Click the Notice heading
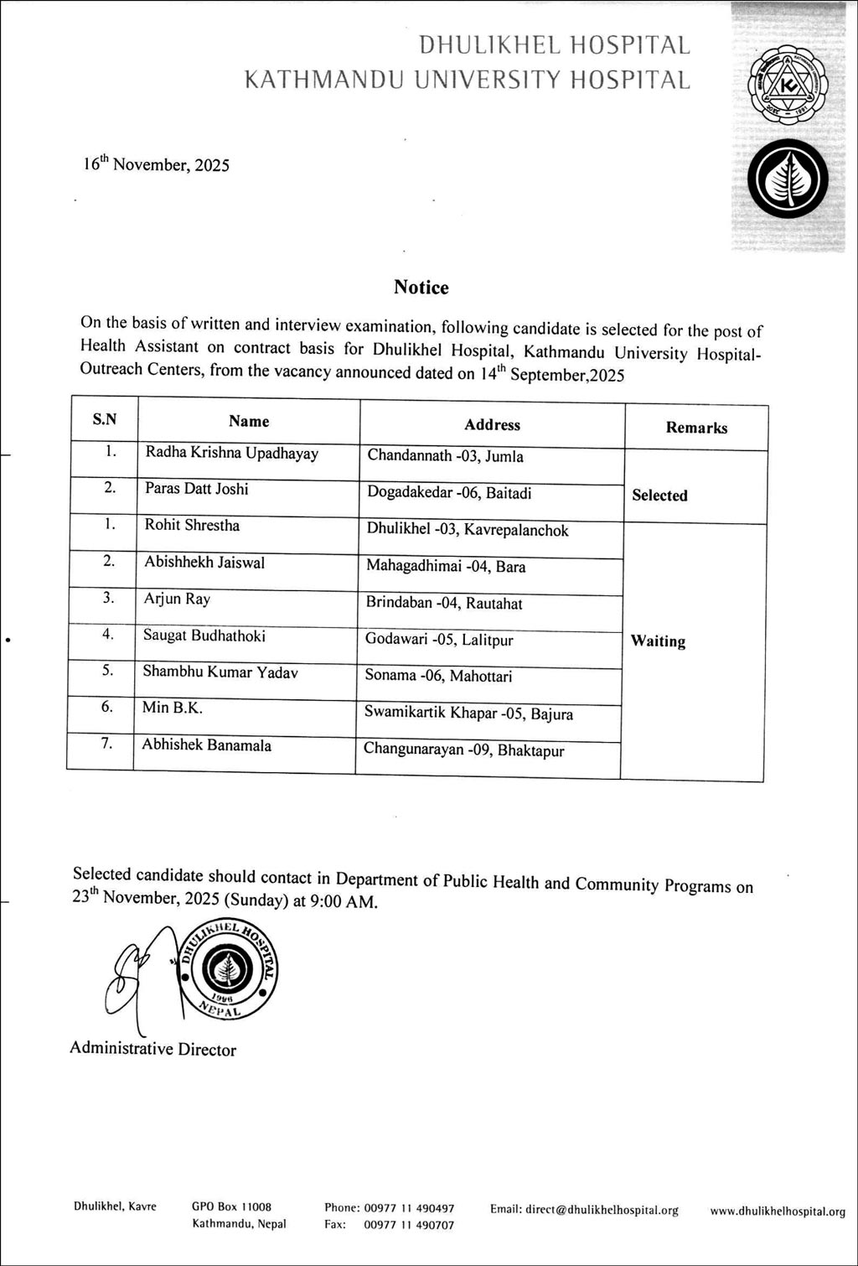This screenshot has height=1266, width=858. [421, 288]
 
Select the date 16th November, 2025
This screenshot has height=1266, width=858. [156, 163]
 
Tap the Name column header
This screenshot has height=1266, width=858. [249, 421]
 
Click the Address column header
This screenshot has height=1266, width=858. [492, 424]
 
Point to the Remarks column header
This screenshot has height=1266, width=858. [696, 428]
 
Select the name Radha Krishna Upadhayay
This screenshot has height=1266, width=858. [232, 453]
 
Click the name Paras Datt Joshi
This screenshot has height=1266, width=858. [196, 489]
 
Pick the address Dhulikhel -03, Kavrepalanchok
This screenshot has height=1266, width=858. [468, 530]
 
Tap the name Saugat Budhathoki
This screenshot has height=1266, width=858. [204, 636]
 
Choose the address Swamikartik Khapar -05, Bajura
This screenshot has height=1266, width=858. [468, 713]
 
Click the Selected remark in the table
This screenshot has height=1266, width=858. [659, 496]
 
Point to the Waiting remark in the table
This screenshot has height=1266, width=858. [658, 641]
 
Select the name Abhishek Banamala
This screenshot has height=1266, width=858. [206, 745]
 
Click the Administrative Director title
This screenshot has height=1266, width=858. [152, 1049]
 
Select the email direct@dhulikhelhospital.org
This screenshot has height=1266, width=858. [584, 1210]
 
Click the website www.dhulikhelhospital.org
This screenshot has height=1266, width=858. [777, 1212]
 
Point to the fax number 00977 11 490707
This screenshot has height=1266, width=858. [409, 1225]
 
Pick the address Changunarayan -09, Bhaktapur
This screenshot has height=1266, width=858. [463, 750]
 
